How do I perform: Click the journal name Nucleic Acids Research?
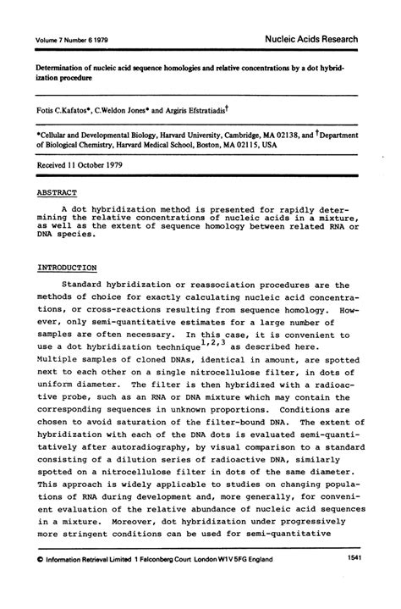[311, 40]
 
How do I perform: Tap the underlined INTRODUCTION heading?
[69, 267]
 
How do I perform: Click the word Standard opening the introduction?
[91, 286]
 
